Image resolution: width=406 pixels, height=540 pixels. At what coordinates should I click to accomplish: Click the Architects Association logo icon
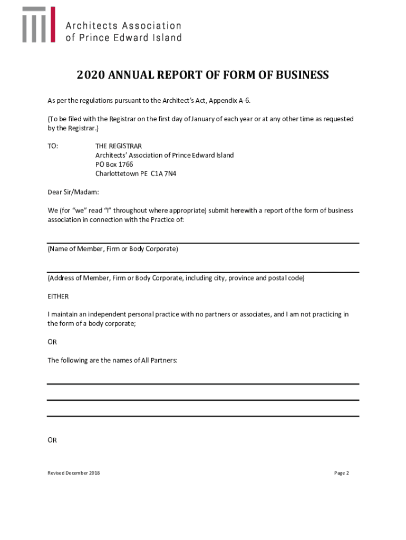click(38, 25)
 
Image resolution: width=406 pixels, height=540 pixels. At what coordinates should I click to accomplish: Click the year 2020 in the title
click(91, 75)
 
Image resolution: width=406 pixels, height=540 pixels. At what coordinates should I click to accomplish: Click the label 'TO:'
click(53, 146)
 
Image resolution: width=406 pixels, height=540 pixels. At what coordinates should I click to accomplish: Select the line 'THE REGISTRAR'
click(119, 146)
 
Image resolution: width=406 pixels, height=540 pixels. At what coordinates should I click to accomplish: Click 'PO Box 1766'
click(114, 165)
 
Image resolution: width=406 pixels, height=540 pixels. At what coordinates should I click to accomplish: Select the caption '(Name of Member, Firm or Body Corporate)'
click(113, 249)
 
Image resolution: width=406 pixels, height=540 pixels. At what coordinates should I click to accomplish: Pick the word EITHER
click(58, 296)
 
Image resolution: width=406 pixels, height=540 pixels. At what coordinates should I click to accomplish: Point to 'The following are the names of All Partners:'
click(112, 361)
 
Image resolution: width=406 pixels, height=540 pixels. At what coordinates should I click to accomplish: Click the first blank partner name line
click(203, 383)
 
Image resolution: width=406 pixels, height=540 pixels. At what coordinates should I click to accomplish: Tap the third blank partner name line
click(203, 416)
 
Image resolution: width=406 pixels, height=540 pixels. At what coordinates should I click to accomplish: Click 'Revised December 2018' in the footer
click(73, 473)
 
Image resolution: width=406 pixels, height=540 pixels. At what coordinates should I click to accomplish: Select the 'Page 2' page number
click(342, 473)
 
